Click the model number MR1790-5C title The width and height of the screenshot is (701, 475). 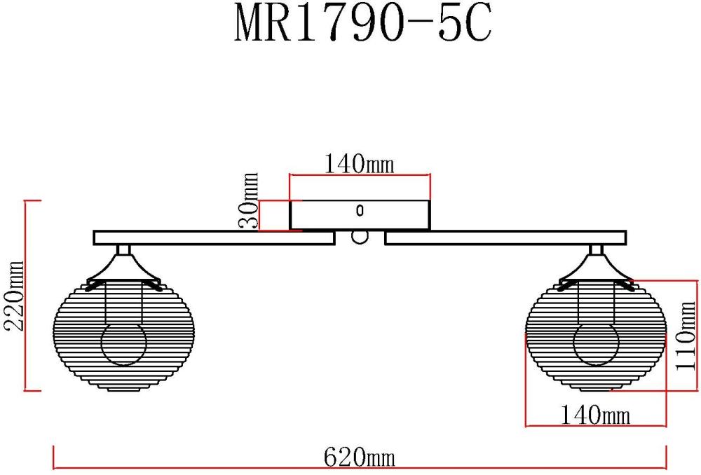[x=363, y=26]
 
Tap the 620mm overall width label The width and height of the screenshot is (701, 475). [x=360, y=458]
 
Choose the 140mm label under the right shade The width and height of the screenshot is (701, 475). [x=595, y=415]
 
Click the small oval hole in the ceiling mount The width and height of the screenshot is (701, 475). [x=360, y=209]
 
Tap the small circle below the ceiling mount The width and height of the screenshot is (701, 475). [x=360, y=238]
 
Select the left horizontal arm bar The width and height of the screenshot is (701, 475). [x=213, y=238]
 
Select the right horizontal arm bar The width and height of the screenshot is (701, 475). [x=505, y=238]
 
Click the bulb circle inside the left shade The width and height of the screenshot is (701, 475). [x=123, y=343]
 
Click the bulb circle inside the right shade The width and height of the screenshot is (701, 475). [x=596, y=343]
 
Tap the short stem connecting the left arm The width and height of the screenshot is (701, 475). [x=123, y=249]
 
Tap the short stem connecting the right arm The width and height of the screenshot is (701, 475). [x=597, y=249]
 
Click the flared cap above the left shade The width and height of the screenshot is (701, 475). [x=123, y=268]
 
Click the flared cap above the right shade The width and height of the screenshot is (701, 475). [x=597, y=268]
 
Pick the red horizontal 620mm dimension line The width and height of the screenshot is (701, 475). [x=210, y=468]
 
